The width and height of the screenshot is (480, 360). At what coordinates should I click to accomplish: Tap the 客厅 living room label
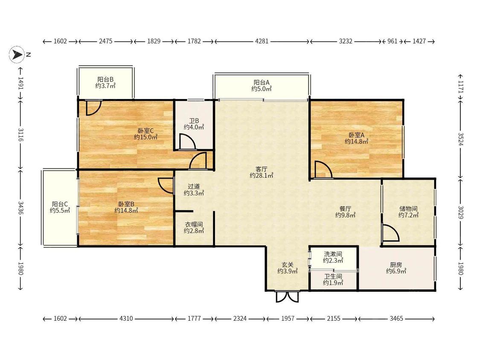[x=262, y=169]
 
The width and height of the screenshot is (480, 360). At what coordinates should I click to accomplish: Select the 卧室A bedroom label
[x=356, y=135]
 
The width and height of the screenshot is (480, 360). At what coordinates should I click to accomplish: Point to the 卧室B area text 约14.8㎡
[x=126, y=210]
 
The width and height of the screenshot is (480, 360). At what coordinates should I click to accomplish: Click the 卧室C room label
[x=146, y=131]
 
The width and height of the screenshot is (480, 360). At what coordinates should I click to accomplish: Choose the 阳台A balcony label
[x=262, y=82]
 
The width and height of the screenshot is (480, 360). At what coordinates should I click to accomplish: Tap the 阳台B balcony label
[x=105, y=79]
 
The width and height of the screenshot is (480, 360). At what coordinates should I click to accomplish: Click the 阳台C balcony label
[x=60, y=204]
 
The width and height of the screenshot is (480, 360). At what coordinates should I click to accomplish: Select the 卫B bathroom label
[x=194, y=121]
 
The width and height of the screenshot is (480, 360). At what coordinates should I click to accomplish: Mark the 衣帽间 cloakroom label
[x=194, y=224]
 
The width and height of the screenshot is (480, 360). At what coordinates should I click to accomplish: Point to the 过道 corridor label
[x=194, y=186]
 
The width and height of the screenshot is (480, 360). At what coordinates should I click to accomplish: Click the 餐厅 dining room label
[x=345, y=209]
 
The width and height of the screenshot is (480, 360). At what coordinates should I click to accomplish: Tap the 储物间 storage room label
[x=408, y=209]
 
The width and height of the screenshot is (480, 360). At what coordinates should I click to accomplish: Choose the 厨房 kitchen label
[x=396, y=264]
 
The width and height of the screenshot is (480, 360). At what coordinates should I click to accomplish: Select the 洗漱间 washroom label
[x=333, y=254]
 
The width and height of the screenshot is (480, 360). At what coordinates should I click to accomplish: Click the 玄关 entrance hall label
[x=288, y=264]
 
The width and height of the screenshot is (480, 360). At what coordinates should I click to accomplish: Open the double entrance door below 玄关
[x=288, y=296]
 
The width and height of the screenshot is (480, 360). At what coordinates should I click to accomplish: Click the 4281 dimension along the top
[x=262, y=41]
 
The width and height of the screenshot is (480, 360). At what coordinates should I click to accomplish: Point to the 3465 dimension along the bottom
[x=396, y=318]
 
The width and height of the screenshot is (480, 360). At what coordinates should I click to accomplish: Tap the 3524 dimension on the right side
[x=461, y=139]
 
